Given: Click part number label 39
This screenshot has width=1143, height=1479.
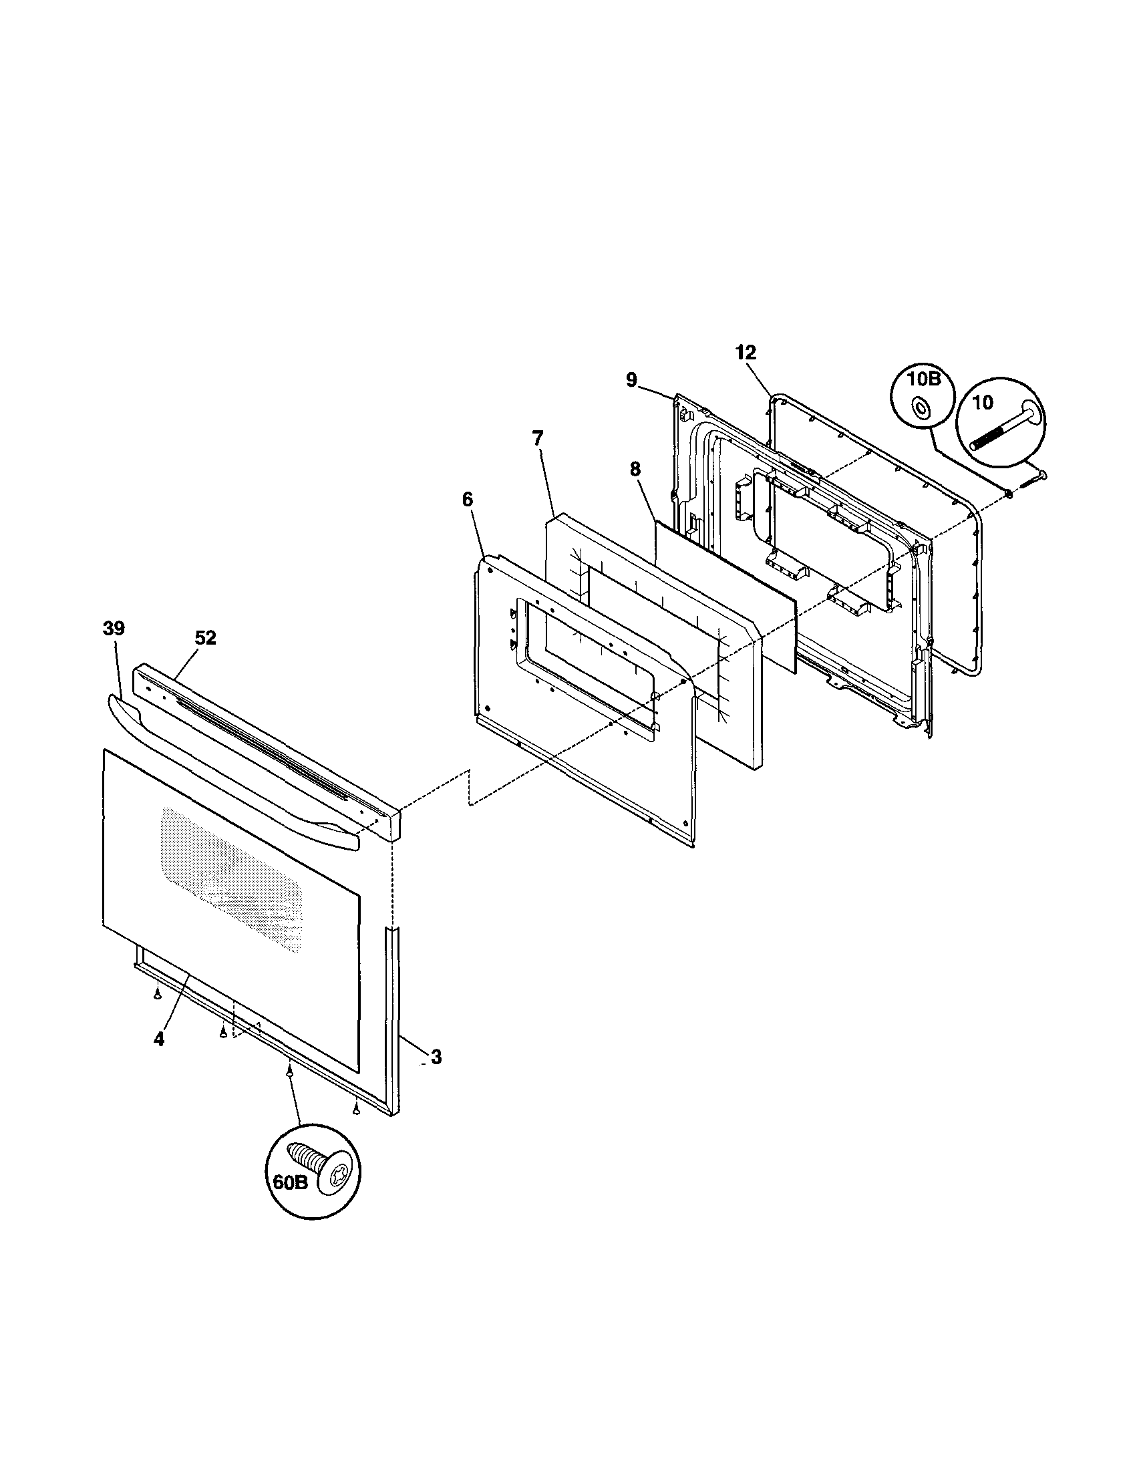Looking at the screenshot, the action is (113, 629).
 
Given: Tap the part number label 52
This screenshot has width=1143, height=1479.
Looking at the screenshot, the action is (205, 638).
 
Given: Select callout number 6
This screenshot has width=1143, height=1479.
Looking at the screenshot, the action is (468, 500).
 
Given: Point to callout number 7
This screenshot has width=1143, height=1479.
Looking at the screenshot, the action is (537, 438).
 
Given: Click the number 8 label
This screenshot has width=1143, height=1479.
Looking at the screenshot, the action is (635, 470).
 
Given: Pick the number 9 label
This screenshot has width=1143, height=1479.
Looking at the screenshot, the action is (631, 380).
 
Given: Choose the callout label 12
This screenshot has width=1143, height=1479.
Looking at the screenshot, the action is (746, 352).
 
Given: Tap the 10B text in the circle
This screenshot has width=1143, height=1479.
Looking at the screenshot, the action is (925, 379).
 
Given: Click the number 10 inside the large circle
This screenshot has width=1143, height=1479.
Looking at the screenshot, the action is (983, 402).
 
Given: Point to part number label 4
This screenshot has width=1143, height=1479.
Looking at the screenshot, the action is (159, 1039).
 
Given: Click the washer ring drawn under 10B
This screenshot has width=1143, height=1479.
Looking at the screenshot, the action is (922, 407).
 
